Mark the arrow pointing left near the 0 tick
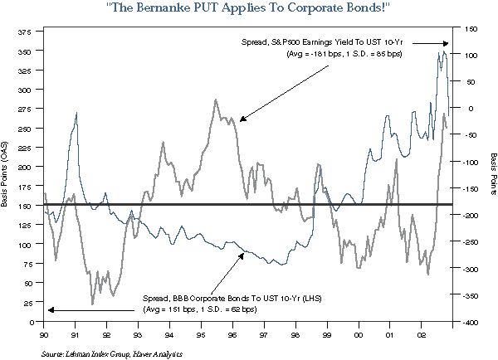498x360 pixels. [x=83, y=309]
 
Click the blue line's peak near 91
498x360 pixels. [x=76, y=113]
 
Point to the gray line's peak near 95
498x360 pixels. [x=216, y=100]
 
